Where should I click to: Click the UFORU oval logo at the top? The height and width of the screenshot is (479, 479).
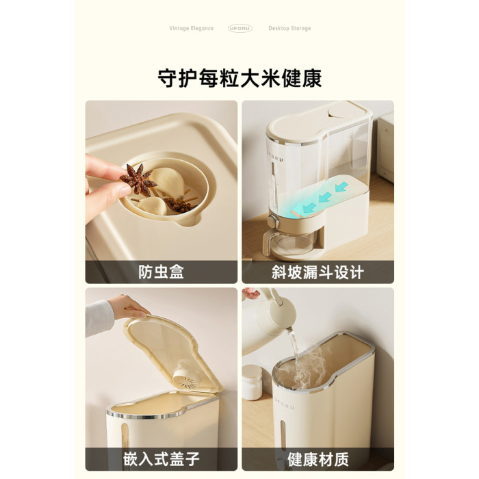(x=240, y=29)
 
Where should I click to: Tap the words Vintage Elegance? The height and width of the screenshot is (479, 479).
(x=192, y=29)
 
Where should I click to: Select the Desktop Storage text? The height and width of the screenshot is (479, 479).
(x=289, y=29)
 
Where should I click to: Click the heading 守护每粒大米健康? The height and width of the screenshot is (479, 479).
(x=239, y=79)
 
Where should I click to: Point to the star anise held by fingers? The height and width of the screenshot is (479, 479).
(x=138, y=179)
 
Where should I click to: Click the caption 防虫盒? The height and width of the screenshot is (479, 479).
(x=161, y=272)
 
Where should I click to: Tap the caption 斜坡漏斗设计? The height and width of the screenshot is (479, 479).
(x=318, y=272)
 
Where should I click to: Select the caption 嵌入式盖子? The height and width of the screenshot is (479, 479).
(x=161, y=459)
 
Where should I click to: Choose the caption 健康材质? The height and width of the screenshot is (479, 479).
(x=318, y=459)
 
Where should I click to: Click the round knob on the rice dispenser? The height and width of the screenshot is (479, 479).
(x=273, y=221)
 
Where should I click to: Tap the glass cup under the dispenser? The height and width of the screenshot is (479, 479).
(x=289, y=241)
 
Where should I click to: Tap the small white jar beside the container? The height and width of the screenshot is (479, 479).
(x=253, y=383)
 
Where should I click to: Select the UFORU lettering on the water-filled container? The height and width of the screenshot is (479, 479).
(x=285, y=402)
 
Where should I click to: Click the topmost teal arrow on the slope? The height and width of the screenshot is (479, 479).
(x=341, y=186)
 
